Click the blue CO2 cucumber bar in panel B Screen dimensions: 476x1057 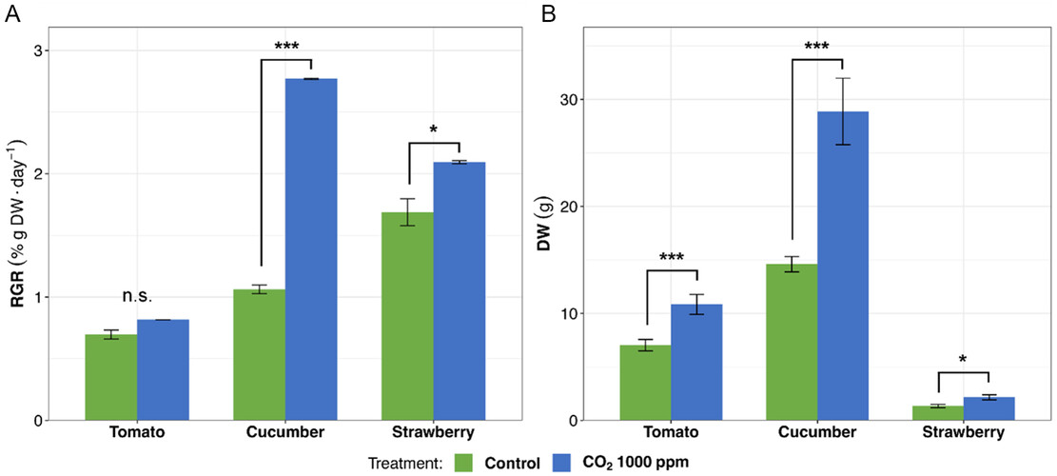click(x=843, y=267)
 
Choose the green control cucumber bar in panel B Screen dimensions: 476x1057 click(x=792, y=343)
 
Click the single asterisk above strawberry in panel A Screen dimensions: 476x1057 click(x=434, y=129)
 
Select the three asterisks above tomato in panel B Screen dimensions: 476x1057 click(x=672, y=257)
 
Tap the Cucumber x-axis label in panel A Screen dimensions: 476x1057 click(x=284, y=432)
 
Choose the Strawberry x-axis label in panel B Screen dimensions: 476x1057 click(x=964, y=432)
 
